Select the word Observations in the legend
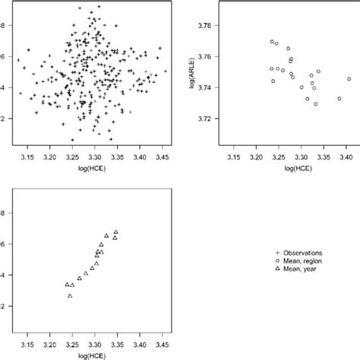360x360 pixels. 308,253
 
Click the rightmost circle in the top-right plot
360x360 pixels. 349,79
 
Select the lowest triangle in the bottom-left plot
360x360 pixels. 70,295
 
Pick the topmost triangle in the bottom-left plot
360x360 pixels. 115,232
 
